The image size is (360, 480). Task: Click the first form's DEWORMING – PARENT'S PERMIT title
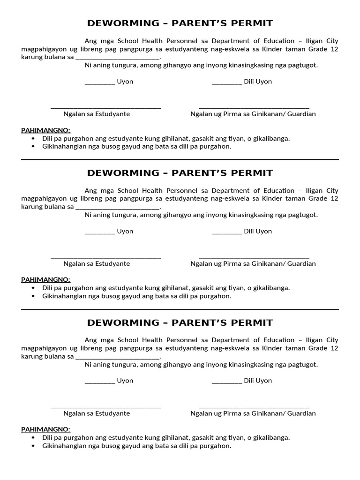[x=180, y=23]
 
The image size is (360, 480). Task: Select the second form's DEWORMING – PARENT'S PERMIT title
[x=180, y=173]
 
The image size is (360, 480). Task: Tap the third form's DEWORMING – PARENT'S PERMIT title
[x=180, y=322]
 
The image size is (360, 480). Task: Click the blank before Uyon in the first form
[x=100, y=82]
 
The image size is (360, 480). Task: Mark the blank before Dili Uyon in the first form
[x=227, y=82]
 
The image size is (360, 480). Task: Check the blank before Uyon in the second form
[x=100, y=232]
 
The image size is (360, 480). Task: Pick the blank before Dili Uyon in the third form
[x=227, y=382]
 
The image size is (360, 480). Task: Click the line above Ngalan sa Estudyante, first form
[x=106, y=108]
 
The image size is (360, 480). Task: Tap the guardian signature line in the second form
[x=254, y=257]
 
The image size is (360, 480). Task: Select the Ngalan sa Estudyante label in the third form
[x=97, y=413]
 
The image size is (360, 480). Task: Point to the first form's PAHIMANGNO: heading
[x=45, y=130]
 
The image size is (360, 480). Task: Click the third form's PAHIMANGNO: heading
[x=45, y=429]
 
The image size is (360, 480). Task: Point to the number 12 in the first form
[x=334, y=49]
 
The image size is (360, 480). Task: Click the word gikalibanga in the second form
[x=272, y=288]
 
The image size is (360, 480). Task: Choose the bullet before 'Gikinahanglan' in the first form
[x=33, y=147]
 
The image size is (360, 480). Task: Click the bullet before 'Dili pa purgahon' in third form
[x=33, y=438]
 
